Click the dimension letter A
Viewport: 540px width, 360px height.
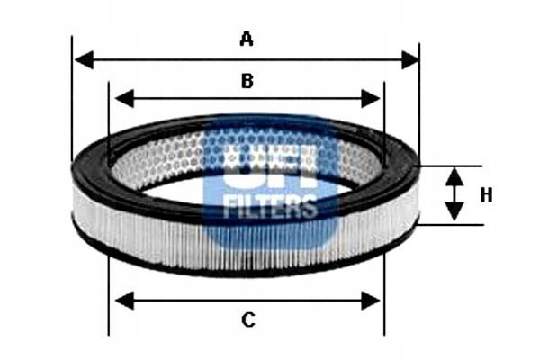pyautogui.click(x=247, y=40)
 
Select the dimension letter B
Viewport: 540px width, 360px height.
pyautogui.click(x=247, y=81)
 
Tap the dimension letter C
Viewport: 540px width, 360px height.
pyautogui.click(x=248, y=319)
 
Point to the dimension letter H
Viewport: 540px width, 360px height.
pyautogui.click(x=486, y=194)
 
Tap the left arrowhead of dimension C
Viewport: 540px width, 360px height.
pyautogui.click(x=119, y=300)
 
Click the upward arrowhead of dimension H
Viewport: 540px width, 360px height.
pyautogui.click(x=455, y=174)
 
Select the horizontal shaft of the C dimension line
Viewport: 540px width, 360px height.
pyautogui.click(x=180, y=300)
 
